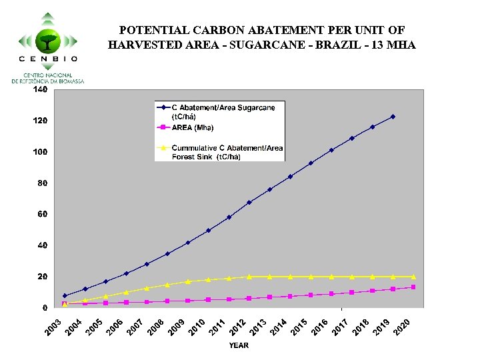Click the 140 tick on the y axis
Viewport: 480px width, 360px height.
[40, 89]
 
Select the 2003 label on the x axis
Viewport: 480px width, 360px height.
[54, 327]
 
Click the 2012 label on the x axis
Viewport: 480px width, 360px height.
[238, 327]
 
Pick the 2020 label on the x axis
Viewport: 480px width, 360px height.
[402, 327]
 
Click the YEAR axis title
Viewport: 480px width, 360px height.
[239, 345]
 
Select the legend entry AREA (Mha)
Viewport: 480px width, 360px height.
[193, 127]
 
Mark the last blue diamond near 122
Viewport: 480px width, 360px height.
[393, 117]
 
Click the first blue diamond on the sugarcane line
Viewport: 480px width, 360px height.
[65, 295]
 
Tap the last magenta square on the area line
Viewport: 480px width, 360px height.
[413, 287]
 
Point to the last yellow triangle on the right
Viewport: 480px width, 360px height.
[413, 276]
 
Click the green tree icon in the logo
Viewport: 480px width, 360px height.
[47, 40]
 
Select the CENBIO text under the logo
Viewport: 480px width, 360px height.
[47, 59]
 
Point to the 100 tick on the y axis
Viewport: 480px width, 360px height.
[40, 152]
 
